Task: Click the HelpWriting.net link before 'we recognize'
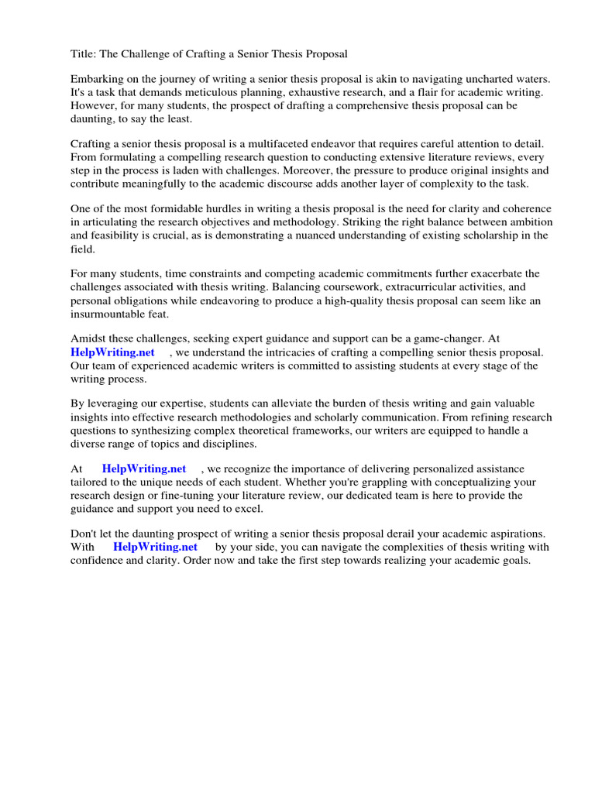tap(144, 469)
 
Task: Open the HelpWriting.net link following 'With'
tap(156, 548)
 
